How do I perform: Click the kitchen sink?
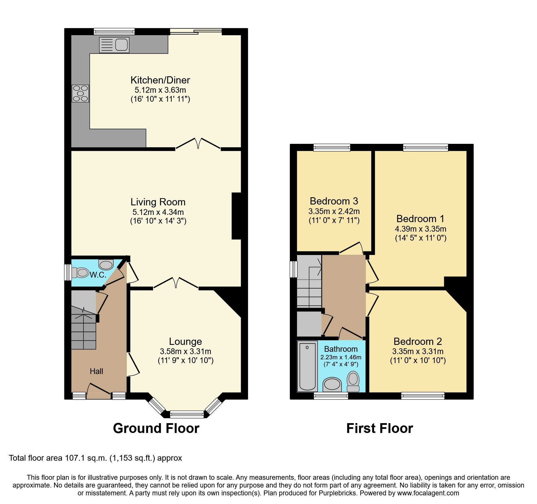(x=114, y=45)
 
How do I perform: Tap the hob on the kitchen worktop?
(x=80, y=93)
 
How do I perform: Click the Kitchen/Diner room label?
(x=160, y=80)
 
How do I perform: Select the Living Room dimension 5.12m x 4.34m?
(x=158, y=212)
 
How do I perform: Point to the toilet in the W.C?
(x=81, y=272)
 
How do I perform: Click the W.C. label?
(x=98, y=275)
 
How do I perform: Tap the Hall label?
(x=96, y=371)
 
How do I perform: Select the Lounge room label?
(x=185, y=341)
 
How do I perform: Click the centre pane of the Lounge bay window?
(x=187, y=414)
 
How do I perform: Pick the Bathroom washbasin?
(x=332, y=384)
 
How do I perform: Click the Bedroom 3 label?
(x=334, y=201)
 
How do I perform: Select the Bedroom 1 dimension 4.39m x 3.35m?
(x=420, y=229)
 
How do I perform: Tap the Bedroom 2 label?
(x=417, y=341)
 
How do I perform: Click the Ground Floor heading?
(x=156, y=428)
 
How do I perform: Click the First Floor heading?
(x=379, y=428)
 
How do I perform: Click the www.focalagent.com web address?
(x=428, y=493)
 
